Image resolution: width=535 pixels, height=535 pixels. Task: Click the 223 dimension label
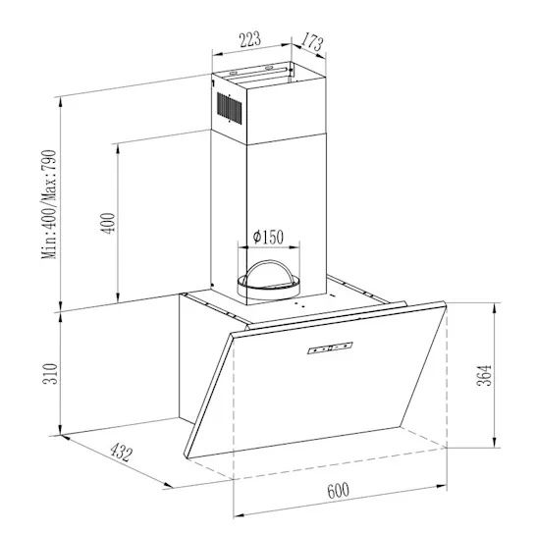pyautogui.click(x=250, y=39)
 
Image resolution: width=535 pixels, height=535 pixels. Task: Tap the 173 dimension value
pyautogui.click(x=311, y=41)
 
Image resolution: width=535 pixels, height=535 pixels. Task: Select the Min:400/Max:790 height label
pyautogui.click(x=49, y=204)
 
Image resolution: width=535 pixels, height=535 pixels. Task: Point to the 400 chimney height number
pyautogui.click(x=108, y=224)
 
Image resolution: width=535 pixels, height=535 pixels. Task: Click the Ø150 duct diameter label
pyautogui.click(x=268, y=237)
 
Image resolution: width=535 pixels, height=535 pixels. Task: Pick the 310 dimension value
pyautogui.click(x=50, y=374)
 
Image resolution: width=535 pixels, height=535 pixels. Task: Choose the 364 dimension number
pyautogui.click(x=484, y=376)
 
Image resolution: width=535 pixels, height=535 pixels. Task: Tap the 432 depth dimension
pyautogui.click(x=121, y=453)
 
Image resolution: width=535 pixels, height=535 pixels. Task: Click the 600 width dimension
pyautogui.click(x=338, y=490)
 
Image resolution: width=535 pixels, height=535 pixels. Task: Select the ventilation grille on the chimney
pyautogui.click(x=230, y=108)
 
